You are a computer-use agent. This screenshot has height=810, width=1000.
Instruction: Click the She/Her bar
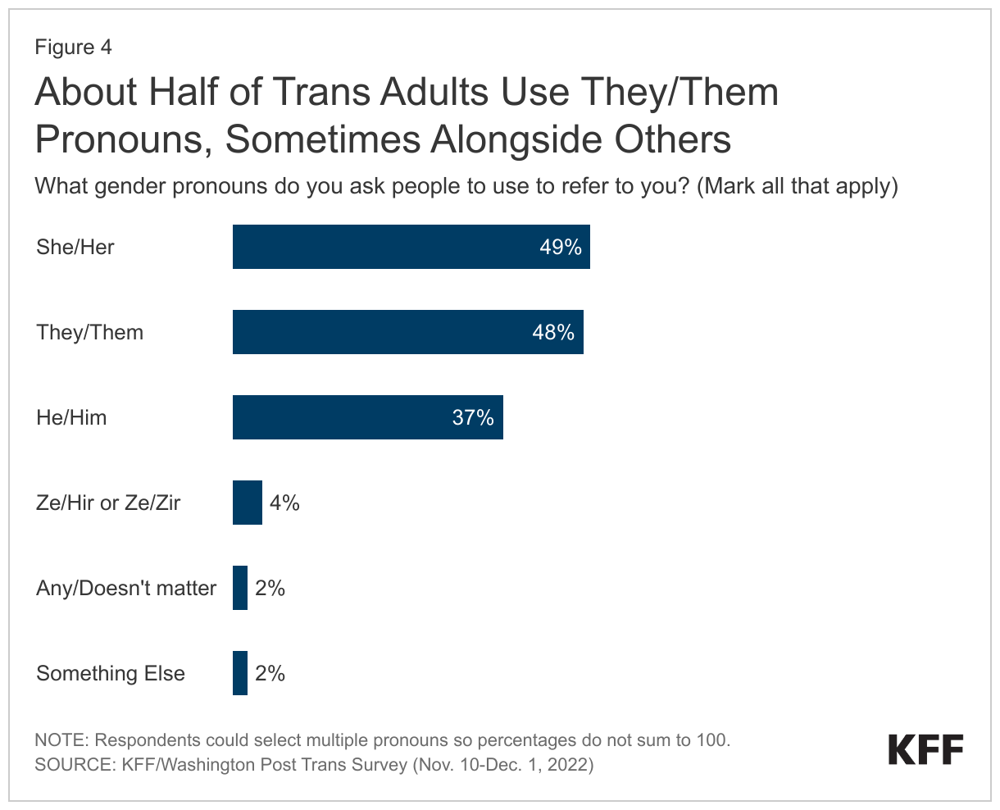pos(410,247)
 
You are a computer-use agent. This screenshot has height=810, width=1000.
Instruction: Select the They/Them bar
pos(407,332)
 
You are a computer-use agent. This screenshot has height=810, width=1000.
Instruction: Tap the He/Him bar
pos(367,417)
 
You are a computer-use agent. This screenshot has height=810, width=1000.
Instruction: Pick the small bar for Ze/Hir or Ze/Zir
pos(247,503)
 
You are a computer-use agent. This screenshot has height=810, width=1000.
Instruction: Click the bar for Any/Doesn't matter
pos(240,588)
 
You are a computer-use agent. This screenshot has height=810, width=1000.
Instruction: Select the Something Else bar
pos(240,673)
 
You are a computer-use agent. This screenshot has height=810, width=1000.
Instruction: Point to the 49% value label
pos(561,247)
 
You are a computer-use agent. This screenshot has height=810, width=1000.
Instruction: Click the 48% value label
pos(553,332)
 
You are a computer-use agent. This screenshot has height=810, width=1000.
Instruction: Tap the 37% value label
pos(473,417)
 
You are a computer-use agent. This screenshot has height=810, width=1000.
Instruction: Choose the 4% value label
pos(284,503)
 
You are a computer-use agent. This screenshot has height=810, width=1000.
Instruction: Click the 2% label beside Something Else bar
pos(270,673)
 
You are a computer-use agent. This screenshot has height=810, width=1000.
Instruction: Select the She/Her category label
pos(75,247)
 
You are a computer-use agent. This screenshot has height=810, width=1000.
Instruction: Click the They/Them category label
pos(89,332)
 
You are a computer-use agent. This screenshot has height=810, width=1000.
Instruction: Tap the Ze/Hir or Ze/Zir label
pos(108,503)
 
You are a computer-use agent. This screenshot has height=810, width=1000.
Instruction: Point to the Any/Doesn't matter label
pos(126,588)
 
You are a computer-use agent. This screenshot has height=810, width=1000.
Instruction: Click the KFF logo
pos(925,749)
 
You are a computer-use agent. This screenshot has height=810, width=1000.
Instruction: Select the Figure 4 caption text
pos(73,47)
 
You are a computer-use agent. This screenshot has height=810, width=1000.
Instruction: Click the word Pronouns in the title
pos(122,139)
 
